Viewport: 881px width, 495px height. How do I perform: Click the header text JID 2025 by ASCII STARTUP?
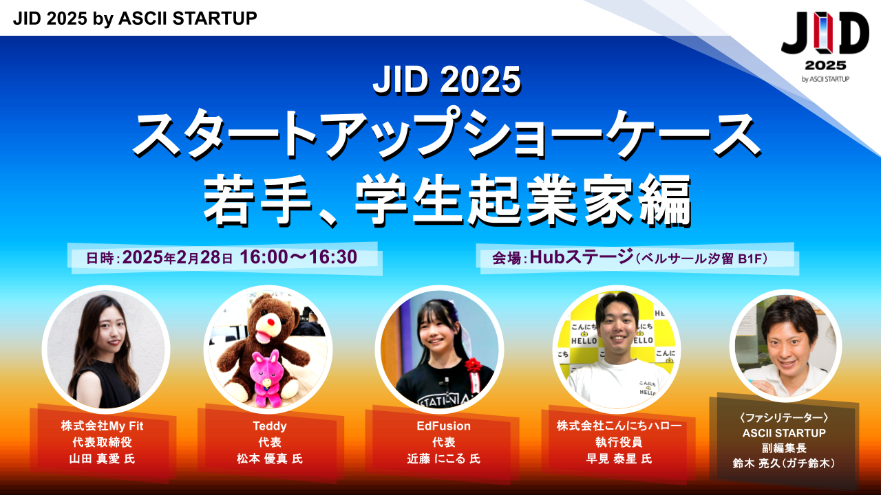tap(135, 19)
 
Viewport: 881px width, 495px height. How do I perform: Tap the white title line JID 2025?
tap(447, 80)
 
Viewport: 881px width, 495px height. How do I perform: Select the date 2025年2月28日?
tap(178, 257)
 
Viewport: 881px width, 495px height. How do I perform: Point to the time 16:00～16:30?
tap(299, 257)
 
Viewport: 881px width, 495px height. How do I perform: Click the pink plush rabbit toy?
tap(266, 378)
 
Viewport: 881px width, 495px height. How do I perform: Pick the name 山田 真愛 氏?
tap(103, 459)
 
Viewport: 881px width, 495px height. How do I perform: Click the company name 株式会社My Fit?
tap(103, 426)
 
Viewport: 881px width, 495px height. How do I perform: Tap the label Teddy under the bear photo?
tap(270, 426)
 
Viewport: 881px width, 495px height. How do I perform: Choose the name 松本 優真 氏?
tap(270, 459)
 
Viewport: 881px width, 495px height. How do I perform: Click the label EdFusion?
tap(444, 426)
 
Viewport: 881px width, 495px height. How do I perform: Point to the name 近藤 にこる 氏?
tap(444, 459)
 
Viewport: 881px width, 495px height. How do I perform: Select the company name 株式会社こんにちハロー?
tap(619, 426)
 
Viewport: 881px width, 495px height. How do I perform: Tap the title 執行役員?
tap(619, 442)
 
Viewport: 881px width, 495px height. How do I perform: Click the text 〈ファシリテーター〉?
tap(784, 417)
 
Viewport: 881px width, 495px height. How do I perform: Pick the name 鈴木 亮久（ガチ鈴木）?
tap(784, 463)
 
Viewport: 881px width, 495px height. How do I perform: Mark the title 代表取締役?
tap(103, 442)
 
